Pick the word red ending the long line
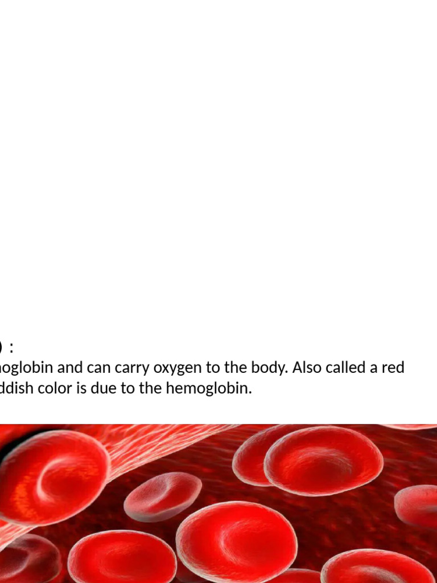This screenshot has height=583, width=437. pos(393,368)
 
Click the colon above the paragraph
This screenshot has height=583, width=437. pos(11,347)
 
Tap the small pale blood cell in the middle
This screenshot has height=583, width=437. pos(162,496)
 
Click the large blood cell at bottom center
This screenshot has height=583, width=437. pos(236,541)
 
